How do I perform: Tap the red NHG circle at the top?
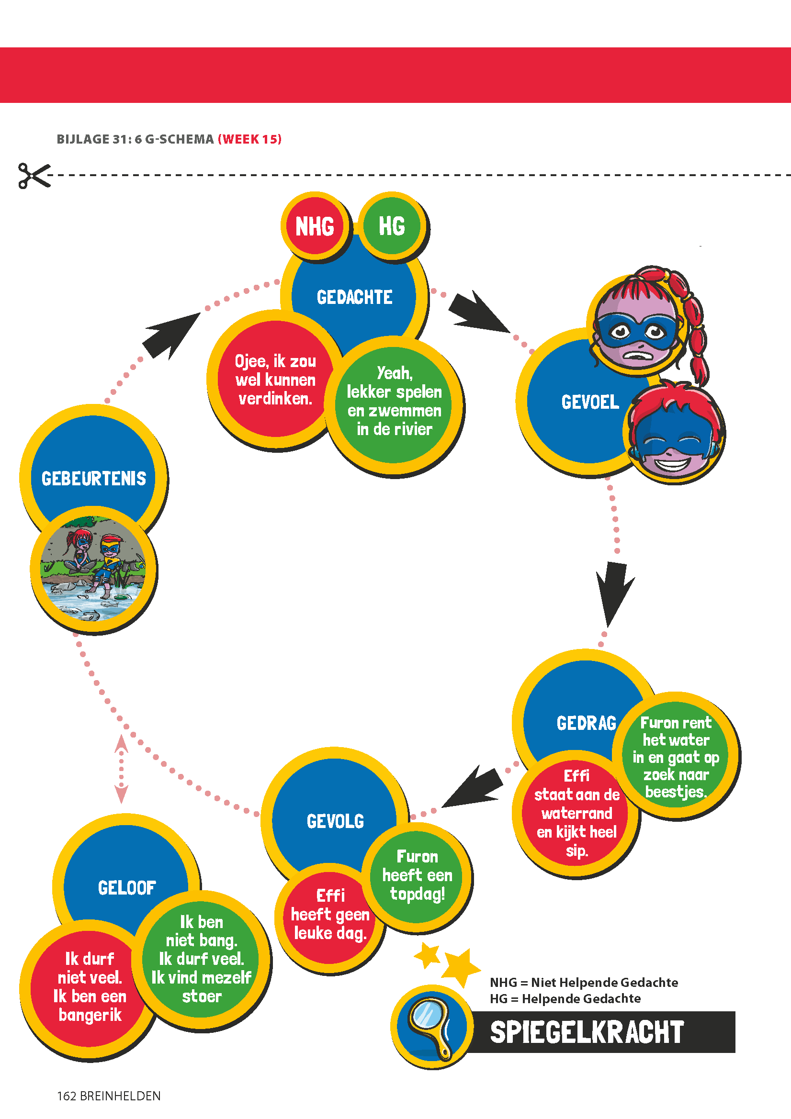(315, 226)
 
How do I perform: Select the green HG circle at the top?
(392, 225)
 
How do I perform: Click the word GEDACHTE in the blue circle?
(354, 297)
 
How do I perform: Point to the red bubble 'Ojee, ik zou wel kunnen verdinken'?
(275, 380)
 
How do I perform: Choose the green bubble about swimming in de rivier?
(394, 401)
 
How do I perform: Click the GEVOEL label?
(589, 402)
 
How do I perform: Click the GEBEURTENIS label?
(94, 479)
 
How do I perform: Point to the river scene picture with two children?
(93, 569)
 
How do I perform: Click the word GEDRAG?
(586, 723)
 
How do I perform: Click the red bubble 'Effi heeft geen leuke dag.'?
(330, 914)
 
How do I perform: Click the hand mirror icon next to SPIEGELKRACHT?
(431, 1028)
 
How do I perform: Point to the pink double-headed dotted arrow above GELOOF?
(121, 769)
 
